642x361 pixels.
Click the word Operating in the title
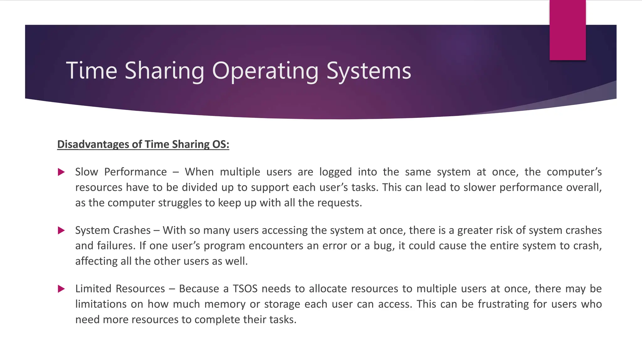[x=265, y=71]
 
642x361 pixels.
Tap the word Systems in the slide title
[x=369, y=71]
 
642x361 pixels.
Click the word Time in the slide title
[x=92, y=71]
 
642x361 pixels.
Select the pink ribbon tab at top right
[x=567, y=30]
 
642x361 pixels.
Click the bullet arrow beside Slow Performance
[x=61, y=172]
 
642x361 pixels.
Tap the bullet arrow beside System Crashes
[x=61, y=231]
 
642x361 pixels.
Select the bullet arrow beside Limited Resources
[x=61, y=289]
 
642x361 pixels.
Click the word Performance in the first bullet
[x=135, y=172]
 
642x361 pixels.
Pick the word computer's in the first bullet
[x=574, y=172]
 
